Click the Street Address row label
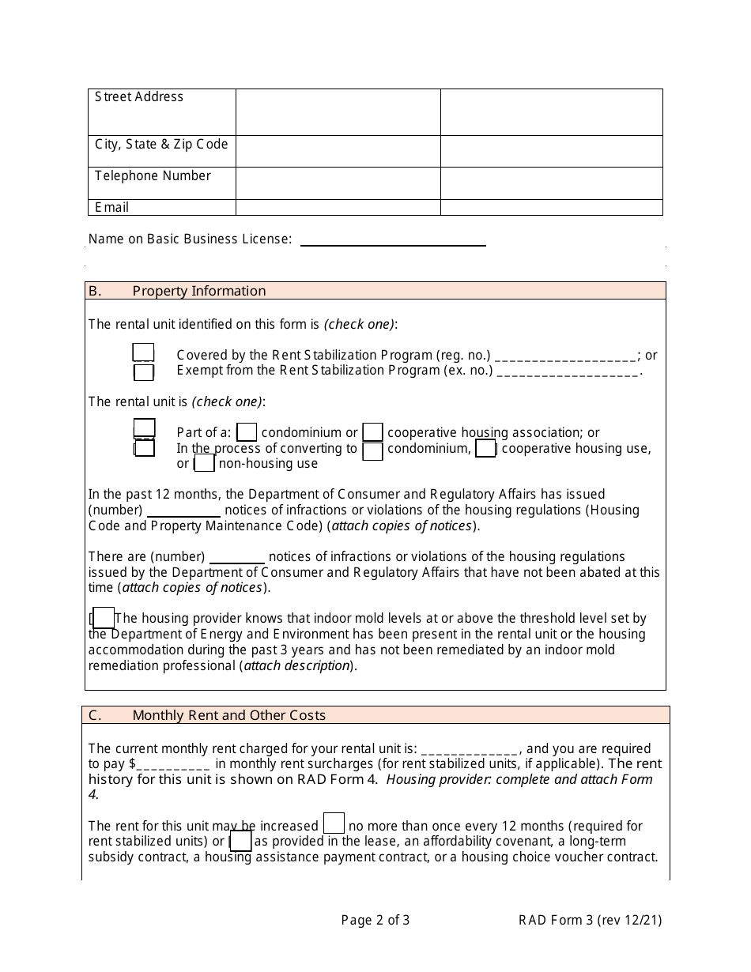tap(139, 97)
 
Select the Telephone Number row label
tap(153, 176)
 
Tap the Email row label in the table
tap(111, 207)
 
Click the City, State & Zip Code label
tap(161, 145)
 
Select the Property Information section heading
tap(198, 291)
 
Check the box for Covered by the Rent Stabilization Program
tap(143, 353)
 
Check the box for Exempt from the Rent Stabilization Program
tap(144, 371)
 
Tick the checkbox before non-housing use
tap(205, 463)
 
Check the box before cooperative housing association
tap(373, 432)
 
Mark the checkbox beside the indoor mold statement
tap(104, 619)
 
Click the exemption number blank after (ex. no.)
tap(568, 371)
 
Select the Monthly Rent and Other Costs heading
tap(228, 715)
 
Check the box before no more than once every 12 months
tap(334, 823)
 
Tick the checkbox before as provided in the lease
tap(241, 841)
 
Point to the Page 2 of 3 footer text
tap(375, 920)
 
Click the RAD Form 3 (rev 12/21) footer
tap(590, 920)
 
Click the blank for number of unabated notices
tap(237, 558)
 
